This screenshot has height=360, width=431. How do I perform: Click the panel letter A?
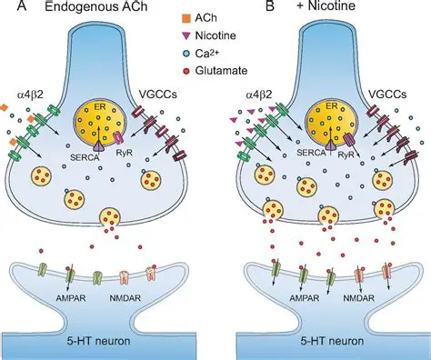[8, 9]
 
